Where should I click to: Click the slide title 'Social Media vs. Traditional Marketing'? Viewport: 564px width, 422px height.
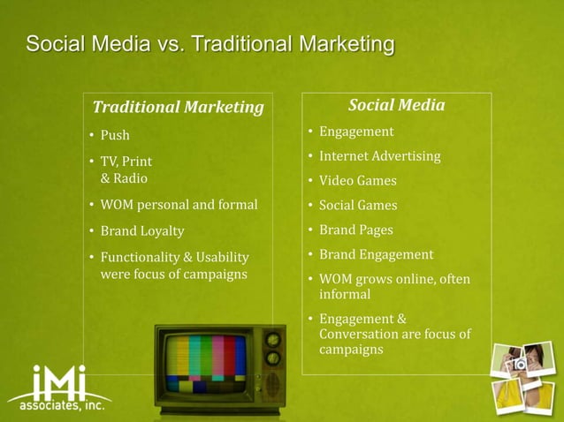coord(210,44)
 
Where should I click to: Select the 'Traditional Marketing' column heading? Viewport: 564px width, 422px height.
coord(179,108)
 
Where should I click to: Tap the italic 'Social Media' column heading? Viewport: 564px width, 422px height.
coord(396,106)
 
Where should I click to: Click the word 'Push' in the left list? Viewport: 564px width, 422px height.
coord(115,135)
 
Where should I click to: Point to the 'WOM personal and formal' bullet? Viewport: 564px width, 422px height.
coord(179,206)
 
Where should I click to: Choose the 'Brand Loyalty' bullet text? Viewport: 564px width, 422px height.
coord(142,231)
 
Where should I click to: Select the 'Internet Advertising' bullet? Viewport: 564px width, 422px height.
coord(379,156)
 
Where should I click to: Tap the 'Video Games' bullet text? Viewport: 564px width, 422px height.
coord(357,181)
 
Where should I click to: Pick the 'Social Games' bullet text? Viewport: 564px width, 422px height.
coord(358,206)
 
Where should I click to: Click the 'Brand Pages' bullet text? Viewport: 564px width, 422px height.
coord(356,230)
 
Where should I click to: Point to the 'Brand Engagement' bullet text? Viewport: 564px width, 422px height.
coord(376,254)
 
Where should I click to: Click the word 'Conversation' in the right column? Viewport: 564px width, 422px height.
coord(356,334)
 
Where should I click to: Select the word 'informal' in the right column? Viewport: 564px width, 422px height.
coord(345,295)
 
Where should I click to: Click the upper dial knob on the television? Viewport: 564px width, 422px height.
coord(273,339)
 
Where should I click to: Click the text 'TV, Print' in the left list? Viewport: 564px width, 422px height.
coord(126,162)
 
